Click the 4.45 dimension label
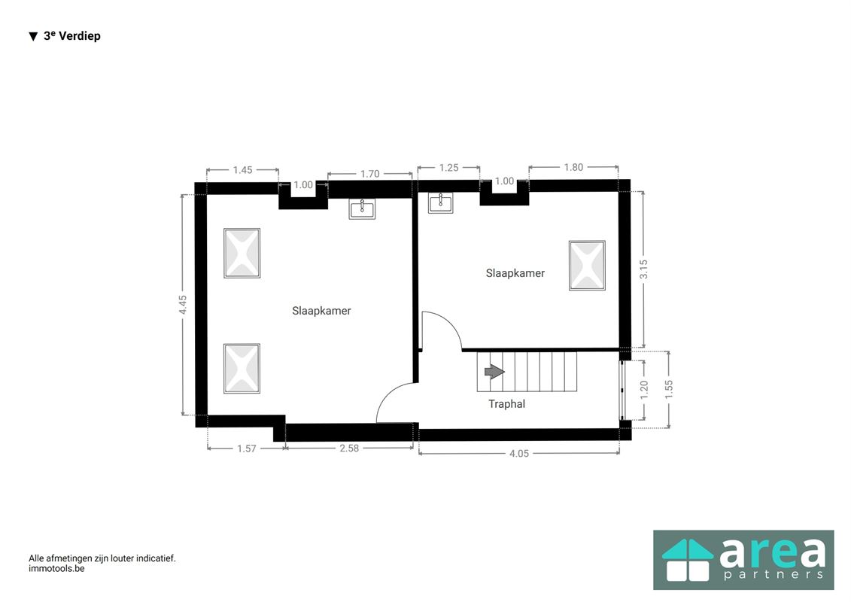pyautogui.click(x=183, y=305)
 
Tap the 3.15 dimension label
pyautogui.click(x=643, y=269)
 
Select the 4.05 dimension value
pyautogui.click(x=519, y=453)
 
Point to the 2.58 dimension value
pyautogui.click(x=350, y=448)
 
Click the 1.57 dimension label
pyautogui.click(x=247, y=448)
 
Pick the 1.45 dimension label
pyautogui.click(x=242, y=170)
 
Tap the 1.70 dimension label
pyautogui.click(x=369, y=174)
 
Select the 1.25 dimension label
pyautogui.click(x=448, y=168)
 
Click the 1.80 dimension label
pyautogui.click(x=573, y=167)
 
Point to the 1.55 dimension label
pyautogui.click(x=668, y=389)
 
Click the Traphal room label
pyautogui.click(x=506, y=404)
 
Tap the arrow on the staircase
pyautogui.click(x=494, y=372)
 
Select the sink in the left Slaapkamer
pyautogui.click(x=362, y=208)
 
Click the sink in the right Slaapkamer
pyautogui.click(x=440, y=202)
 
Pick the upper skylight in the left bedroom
pyautogui.click(x=242, y=254)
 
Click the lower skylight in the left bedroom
pyautogui.click(x=242, y=369)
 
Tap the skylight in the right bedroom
pyautogui.click(x=587, y=266)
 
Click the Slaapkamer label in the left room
pyautogui.click(x=321, y=311)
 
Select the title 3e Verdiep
pyautogui.click(x=71, y=36)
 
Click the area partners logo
pyautogui.click(x=743, y=559)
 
